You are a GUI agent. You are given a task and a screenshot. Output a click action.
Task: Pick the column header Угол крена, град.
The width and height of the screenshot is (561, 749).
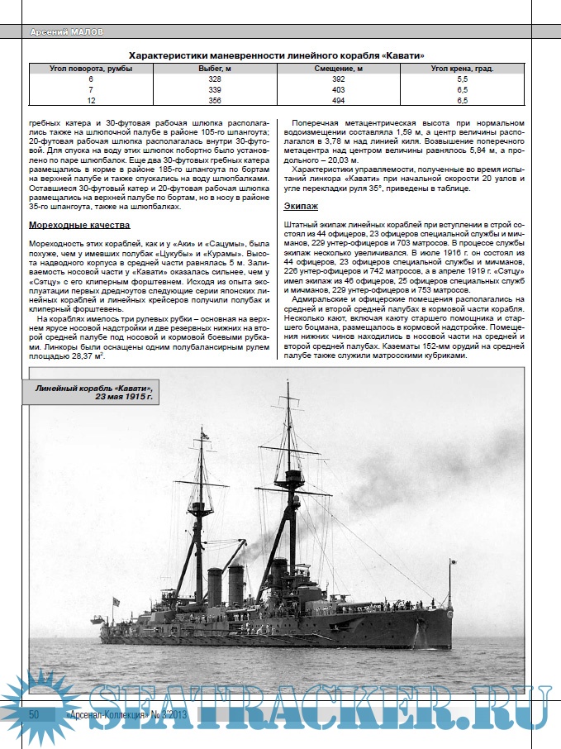[x=462, y=69]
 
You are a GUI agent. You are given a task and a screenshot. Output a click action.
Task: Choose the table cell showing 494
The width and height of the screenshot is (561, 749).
[x=338, y=100]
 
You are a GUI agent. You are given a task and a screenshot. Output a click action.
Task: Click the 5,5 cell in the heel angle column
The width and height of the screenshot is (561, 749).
[x=462, y=79]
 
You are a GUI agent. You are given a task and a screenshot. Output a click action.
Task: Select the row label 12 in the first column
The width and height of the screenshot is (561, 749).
[x=91, y=100]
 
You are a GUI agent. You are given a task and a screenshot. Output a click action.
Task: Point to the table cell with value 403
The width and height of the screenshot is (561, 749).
[x=338, y=89]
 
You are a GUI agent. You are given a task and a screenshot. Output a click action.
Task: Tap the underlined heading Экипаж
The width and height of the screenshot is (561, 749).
[x=301, y=205]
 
